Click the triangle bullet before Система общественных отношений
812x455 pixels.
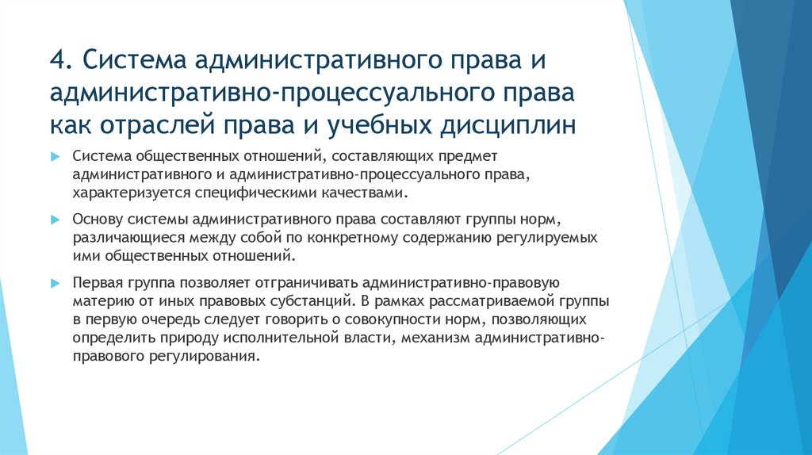coord(55,157)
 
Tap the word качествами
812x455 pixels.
coord(366,193)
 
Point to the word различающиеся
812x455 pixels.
coord(119,238)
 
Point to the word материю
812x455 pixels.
coord(98,301)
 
